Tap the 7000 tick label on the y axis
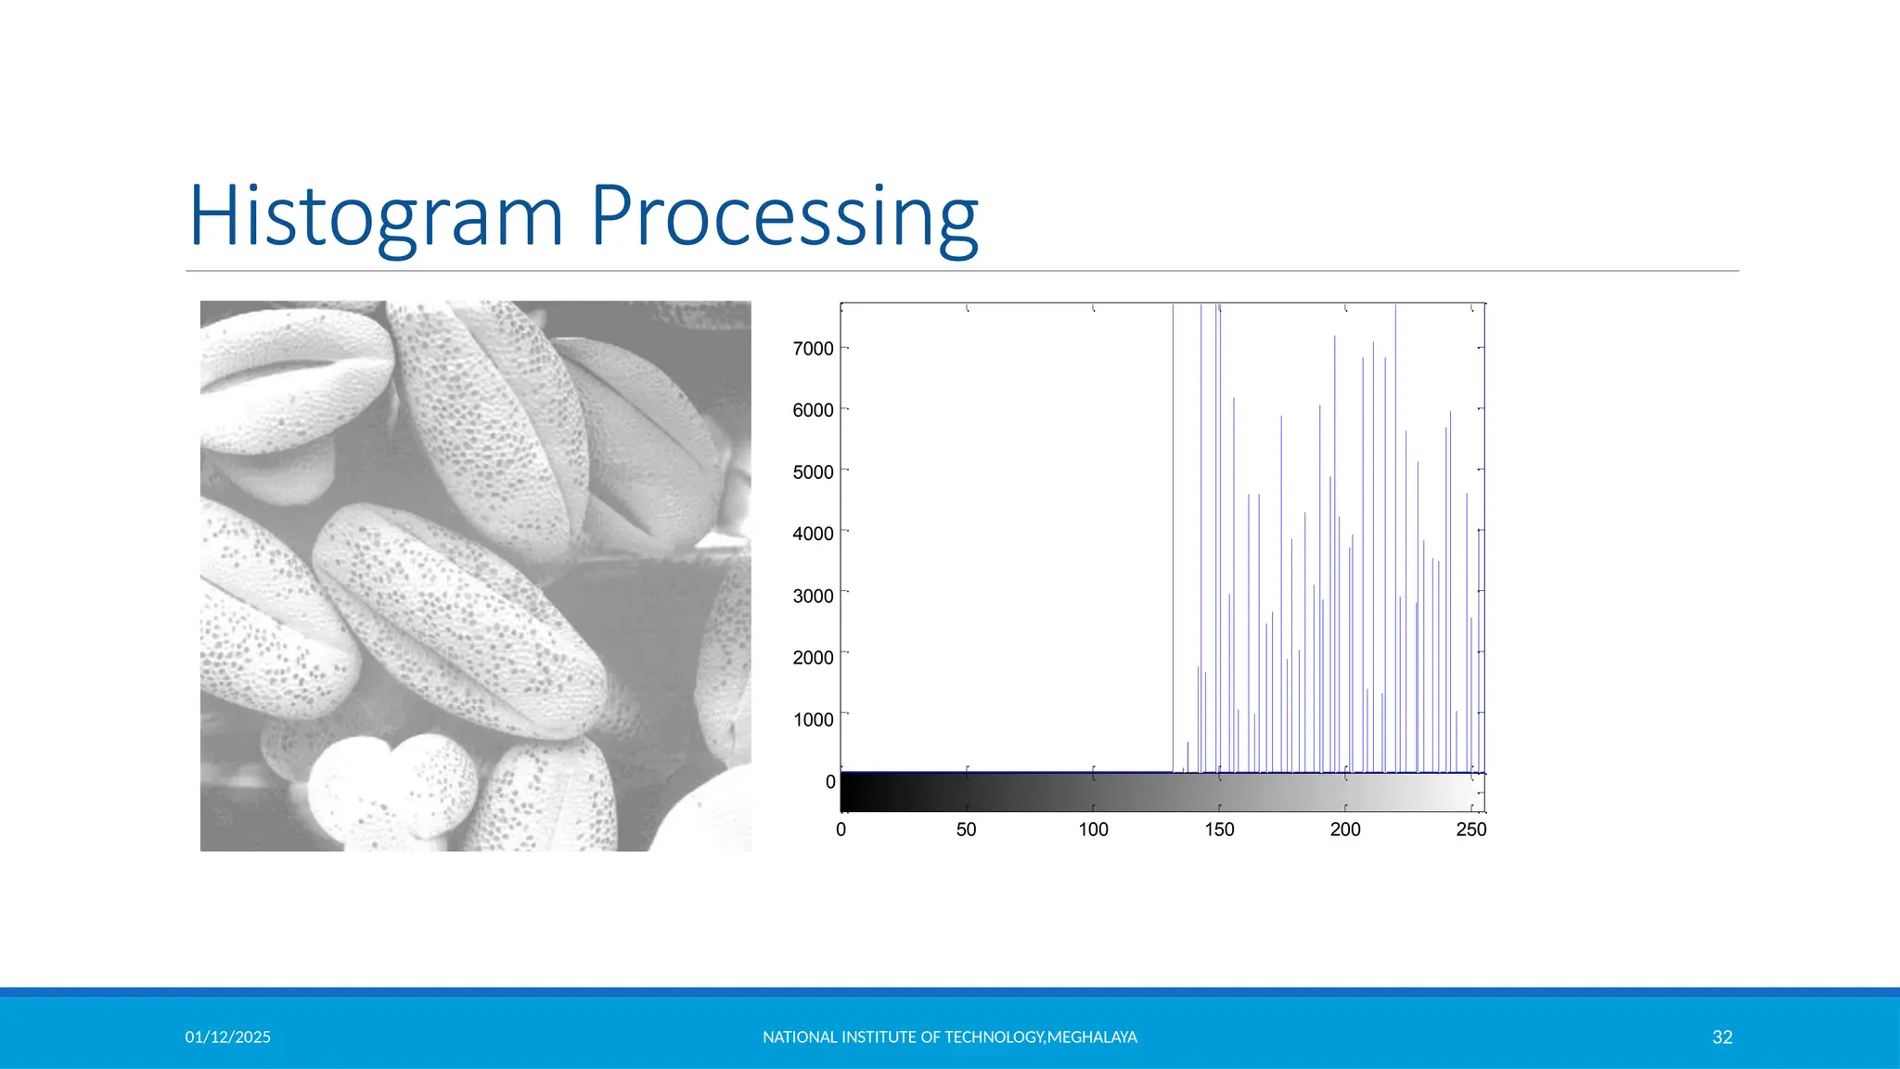(x=813, y=349)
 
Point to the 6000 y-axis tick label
(x=813, y=410)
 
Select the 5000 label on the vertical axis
(x=813, y=472)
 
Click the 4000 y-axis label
(x=813, y=534)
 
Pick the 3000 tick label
(x=813, y=596)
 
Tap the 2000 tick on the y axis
(x=813, y=658)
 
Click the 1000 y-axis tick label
(x=813, y=720)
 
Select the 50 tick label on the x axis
(x=966, y=830)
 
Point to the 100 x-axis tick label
(x=1093, y=830)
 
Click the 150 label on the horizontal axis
(x=1219, y=830)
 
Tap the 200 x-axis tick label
(x=1345, y=830)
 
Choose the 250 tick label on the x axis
(x=1470, y=830)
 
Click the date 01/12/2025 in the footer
(x=227, y=1037)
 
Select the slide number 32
(x=1722, y=1037)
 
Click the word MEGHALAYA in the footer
(x=1092, y=1037)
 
